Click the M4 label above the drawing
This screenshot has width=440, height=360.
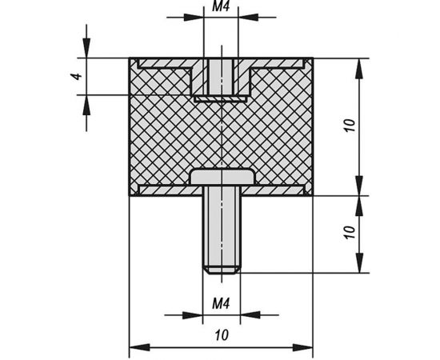pyautogui.click(x=221, y=6)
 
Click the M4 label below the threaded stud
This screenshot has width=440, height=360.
pyautogui.click(x=221, y=303)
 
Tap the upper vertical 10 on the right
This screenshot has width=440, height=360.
pyautogui.click(x=350, y=126)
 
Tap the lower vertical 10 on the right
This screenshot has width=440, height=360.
pyautogui.click(x=350, y=232)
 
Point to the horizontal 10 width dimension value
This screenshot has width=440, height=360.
pyautogui.click(x=222, y=335)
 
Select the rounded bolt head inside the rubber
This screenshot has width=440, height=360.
pyautogui.click(x=222, y=177)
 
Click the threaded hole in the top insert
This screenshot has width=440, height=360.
pyautogui.click(x=221, y=77)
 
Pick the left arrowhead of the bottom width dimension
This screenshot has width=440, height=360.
pyautogui.click(x=139, y=348)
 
